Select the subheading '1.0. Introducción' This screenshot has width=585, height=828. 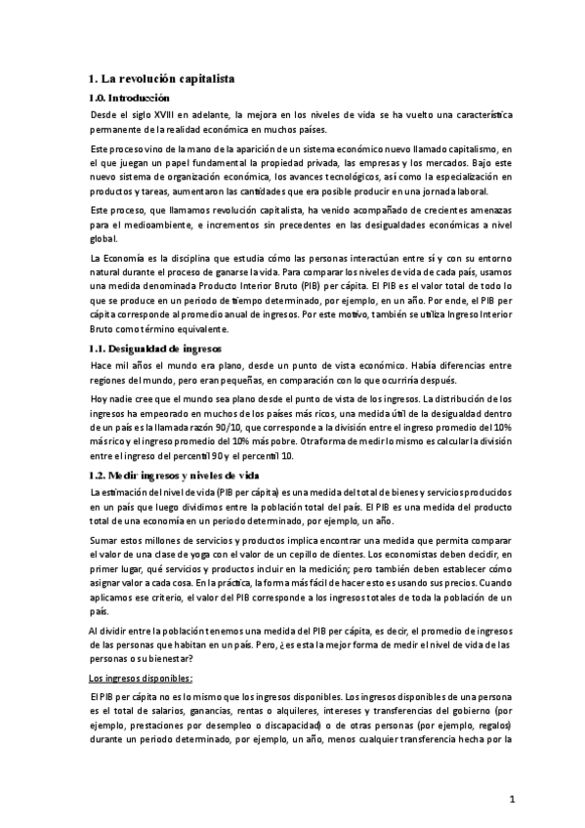[x=129, y=99]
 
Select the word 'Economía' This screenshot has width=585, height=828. [x=128, y=257]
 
